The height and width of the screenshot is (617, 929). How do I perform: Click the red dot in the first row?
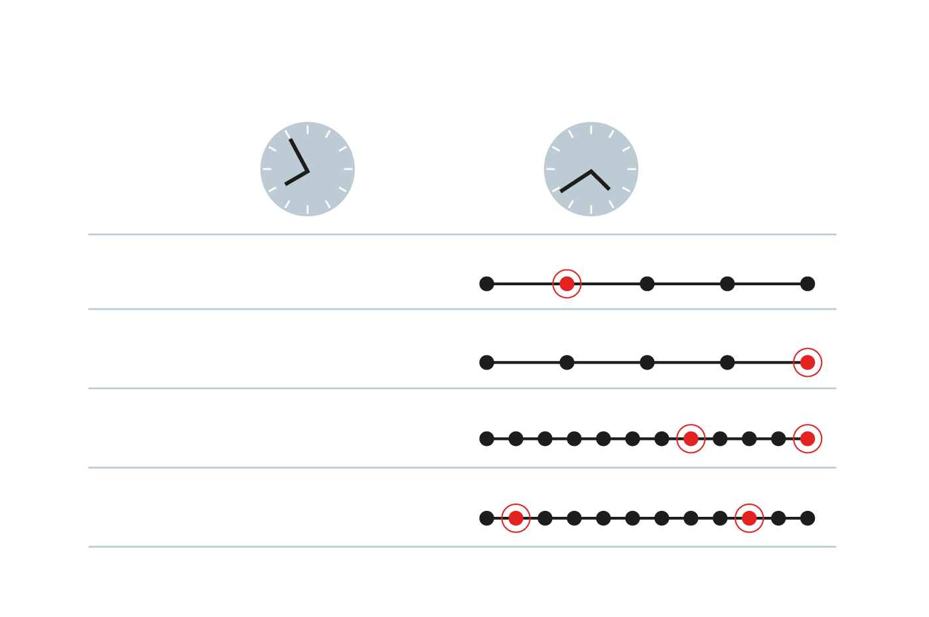pos(567,284)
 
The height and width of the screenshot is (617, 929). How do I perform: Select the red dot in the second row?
pos(808,362)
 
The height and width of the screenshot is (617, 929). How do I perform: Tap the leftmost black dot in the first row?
pos(486,284)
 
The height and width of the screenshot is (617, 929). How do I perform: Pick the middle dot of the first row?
pos(647,284)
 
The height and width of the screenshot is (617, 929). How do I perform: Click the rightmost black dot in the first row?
pos(808,284)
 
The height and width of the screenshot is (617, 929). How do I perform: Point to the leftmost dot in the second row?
pos(486,362)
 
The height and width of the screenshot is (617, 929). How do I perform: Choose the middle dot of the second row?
pos(647,362)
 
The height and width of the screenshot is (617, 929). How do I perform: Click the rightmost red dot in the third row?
pos(808,439)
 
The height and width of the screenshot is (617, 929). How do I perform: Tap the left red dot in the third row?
pos(691,439)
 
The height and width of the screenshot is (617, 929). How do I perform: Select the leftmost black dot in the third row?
pos(486,439)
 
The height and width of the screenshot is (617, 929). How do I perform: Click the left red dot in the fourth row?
pos(516,518)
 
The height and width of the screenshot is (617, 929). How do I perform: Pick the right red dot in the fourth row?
pos(749,518)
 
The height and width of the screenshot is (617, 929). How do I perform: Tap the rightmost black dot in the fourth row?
pos(808,518)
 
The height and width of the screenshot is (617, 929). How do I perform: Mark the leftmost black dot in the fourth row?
pos(486,518)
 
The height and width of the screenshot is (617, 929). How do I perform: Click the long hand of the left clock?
pos(299,154)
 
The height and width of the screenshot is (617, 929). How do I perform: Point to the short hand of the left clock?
pos(296,178)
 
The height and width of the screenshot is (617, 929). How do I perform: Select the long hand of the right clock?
pos(575,181)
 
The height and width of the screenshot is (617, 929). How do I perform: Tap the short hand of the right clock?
pos(601,180)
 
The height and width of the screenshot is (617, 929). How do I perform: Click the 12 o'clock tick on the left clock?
pos(307,129)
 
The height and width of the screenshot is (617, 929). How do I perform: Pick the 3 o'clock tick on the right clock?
pos(631,169)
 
